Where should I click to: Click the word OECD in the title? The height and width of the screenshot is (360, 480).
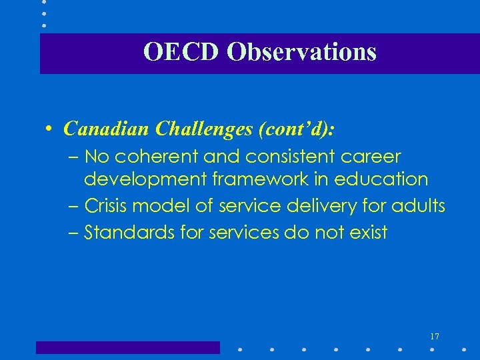click(x=181, y=52)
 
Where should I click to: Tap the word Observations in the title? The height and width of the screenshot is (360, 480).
click(x=301, y=52)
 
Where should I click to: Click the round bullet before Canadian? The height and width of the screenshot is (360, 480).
click(x=51, y=128)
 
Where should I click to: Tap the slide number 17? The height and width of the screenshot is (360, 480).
click(x=435, y=336)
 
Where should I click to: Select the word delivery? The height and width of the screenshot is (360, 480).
click(x=324, y=206)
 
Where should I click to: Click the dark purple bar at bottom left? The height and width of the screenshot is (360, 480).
click(x=127, y=347)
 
